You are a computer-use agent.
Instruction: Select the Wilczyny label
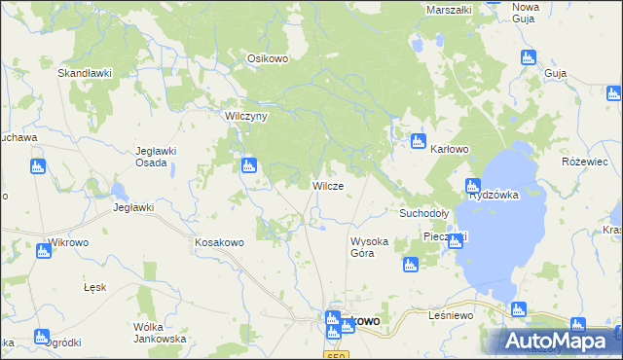(246, 115)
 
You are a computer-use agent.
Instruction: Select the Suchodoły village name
(423, 212)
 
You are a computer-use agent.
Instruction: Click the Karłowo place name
(450, 149)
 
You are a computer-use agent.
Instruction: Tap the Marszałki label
(449, 10)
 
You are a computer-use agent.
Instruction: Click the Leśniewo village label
(450, 316)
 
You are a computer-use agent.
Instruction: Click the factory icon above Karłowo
(419, 139)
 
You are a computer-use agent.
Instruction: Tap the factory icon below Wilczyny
(249, 165)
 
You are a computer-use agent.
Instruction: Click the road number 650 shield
(337, 356)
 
